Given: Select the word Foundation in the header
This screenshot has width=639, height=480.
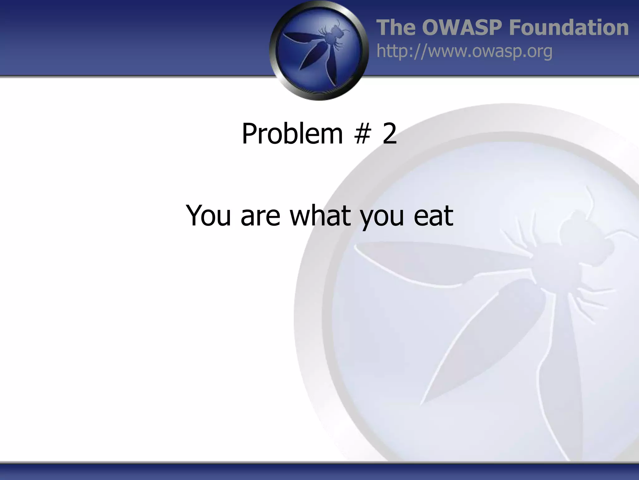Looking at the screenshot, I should [x=568, y=27].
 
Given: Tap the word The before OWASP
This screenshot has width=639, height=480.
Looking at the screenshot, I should [x=396, y=27].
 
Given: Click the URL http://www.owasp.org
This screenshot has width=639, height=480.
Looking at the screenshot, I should [x=464, y=51].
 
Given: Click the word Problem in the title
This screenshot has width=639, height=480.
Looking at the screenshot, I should [x=292, y=134].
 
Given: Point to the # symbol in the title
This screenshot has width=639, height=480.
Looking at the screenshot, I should [x=362, y=134].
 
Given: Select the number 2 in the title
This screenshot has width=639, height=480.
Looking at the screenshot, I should [x=389, y=134].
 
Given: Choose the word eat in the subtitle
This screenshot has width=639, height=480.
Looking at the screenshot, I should [x=433, y=216].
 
